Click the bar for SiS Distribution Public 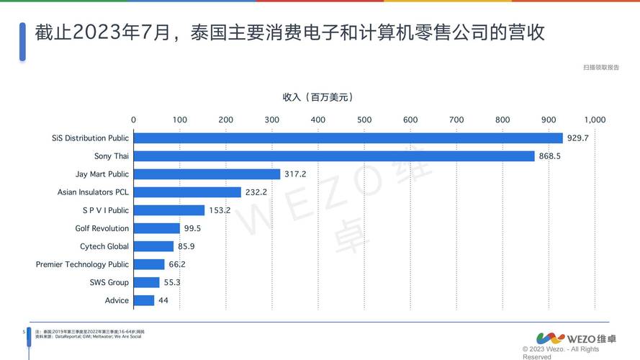[x=348, y=138]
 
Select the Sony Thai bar [x=334, y=156]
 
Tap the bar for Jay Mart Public [x=207, y=174]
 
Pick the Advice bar [x=144, y=300]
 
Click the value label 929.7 [x=577, y=138]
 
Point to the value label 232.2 [x=256, y=192]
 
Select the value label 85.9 [x=186, y=246]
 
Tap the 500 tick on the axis [x=364, y=120]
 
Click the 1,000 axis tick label [x=595, y=120]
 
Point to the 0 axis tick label [x=133, y=120]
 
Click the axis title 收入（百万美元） [x=317, y=97]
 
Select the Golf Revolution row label [x=102, y=228]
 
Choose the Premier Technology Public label [x=82, y=264]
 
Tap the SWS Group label [x=109, y=282]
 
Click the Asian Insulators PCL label [x=93, y=192]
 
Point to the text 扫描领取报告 [x=601, y=67]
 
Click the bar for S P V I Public [x=169, y=210]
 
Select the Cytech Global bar [x=153, y=246]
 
